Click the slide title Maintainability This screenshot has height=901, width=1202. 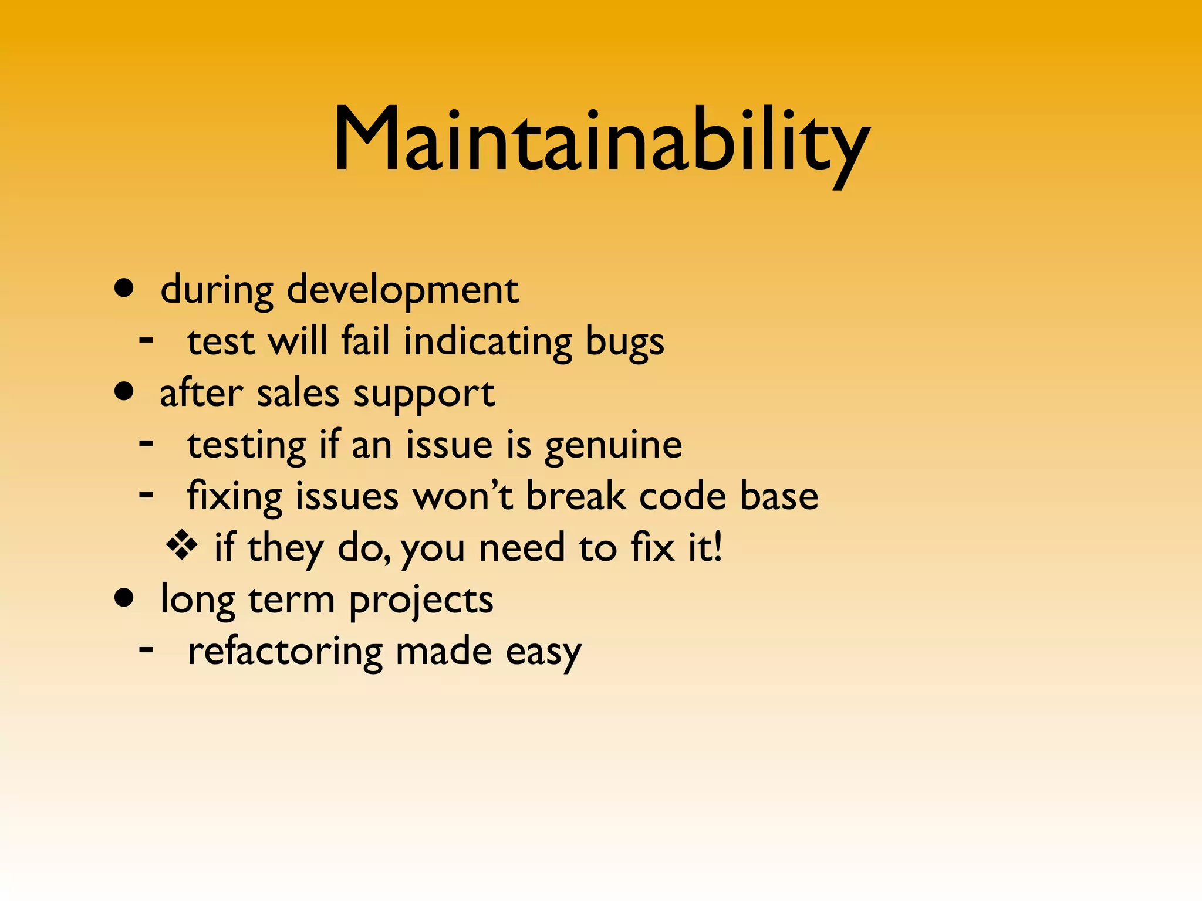tap(601, 141)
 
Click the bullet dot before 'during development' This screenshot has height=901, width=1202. tap(124, 288)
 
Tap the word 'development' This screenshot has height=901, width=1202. tap(403, 290)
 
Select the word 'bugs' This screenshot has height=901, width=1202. tap(624, 342)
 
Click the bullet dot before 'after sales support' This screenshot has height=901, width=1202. tap(124, 391)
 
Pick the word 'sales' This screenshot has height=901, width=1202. tap(298, 393)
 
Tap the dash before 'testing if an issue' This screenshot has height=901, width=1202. tap(147, 443)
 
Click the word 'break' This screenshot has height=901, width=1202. tap(575, 496)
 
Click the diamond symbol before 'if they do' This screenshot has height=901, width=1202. tap(182, 546)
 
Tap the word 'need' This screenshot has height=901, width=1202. tap(522, 548)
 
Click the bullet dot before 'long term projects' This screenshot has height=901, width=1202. tap(124, 598)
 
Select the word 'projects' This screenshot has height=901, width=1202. tap(421, 601)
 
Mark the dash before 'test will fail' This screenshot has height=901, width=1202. tap(147, 339)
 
